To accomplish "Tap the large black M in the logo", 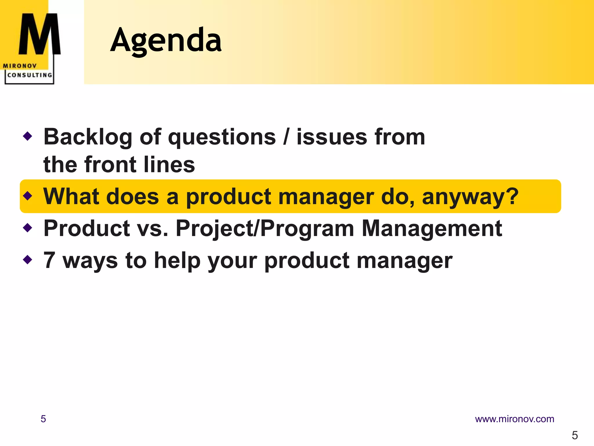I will [x=40, y=34].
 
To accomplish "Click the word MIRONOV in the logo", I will [x=20, y=66].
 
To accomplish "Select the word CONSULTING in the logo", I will [x=30, y=75].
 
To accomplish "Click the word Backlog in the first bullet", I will [x=88, y=137].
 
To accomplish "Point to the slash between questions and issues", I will [x=286, y=137].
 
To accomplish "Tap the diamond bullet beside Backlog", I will [x=28, y=136].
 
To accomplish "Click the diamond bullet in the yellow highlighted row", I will [x=28, y=196].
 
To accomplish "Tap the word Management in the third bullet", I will [x=432, y=229].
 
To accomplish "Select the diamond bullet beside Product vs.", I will [x=28, y=228].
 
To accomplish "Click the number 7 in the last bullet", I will [x=49, y=260].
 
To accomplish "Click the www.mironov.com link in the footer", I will [x=514, y=419].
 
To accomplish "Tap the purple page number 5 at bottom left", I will [x=43, y=419].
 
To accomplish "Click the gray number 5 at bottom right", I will [x=575, y=435].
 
